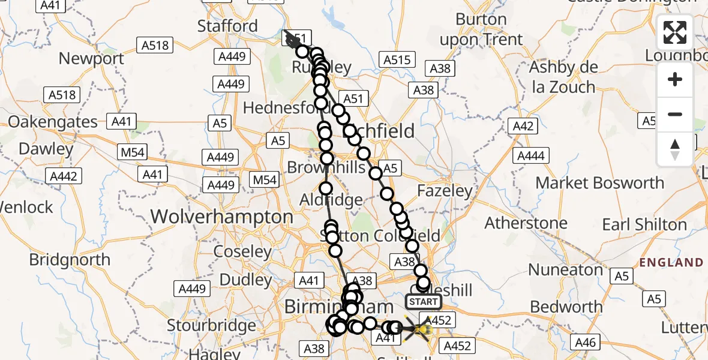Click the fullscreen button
click(x=675, y=33)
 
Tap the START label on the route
click(x=424, y=301)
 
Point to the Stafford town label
click(x=227, y=26)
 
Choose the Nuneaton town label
click(x=565, y=270)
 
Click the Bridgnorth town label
click(x=70, y=260)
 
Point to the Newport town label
click(x=92, y=59)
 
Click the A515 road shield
click(x=397, y=60)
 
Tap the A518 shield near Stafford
click(x=155, y=45)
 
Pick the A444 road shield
click(x=530, y=157)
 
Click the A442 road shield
click(x=64, y=176)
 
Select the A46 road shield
click(x=585, y=343)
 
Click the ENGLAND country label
click(x=671, y=262)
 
